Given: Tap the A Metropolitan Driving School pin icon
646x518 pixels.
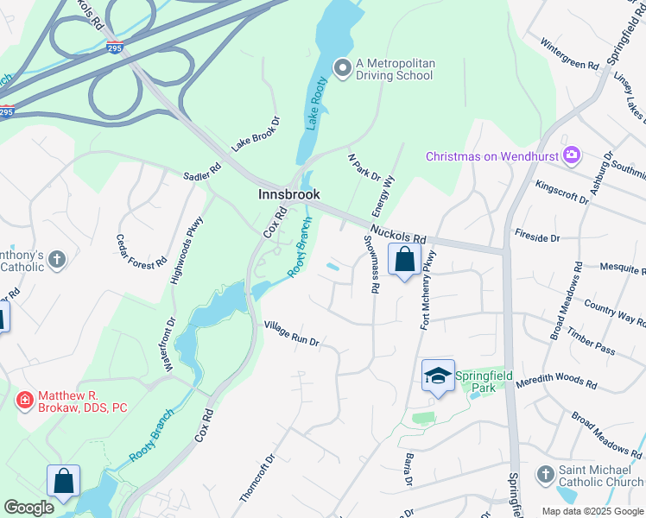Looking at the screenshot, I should click(x=342, y=67).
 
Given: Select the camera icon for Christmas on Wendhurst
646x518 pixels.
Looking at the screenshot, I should click(x=571, y=155).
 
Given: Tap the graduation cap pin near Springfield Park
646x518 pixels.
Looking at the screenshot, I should click(x=439, y=376).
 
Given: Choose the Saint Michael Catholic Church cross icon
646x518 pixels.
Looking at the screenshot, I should click(x=545, y=474).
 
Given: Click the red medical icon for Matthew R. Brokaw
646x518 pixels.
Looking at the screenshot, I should click(x=25, y=400).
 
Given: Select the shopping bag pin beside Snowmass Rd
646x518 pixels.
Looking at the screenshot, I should click(x=404, y=259).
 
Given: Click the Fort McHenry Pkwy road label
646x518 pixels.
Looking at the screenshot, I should click(x=427, y=290).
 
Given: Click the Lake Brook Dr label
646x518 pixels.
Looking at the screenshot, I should click(x=256, y=133).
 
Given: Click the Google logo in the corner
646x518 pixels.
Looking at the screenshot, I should click(x=28, y=508).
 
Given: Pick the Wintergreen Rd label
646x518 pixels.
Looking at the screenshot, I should click(x=569, y=54).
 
